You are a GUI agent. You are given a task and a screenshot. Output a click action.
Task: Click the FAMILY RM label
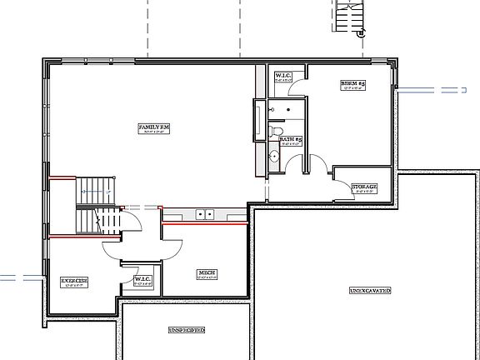click(x=156, y=127)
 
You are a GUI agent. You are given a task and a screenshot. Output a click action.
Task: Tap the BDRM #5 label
click(x=353, y=84)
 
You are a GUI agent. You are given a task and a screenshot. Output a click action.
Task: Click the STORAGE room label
click(x=364, y=187)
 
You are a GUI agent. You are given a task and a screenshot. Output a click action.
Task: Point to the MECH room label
click(x=207, y=273)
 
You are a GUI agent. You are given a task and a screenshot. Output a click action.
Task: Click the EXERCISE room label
click(x=75, y=280)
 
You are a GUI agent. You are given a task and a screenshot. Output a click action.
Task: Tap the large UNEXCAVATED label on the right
click(x=370, y=290)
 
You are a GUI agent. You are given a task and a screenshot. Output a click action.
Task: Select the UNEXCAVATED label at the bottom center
click(x=187, y=330)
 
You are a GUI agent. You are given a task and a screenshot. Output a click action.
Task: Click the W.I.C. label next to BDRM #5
click(x=283, y=77)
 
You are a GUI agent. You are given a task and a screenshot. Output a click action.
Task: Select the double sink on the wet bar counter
click(x=205, y=215)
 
